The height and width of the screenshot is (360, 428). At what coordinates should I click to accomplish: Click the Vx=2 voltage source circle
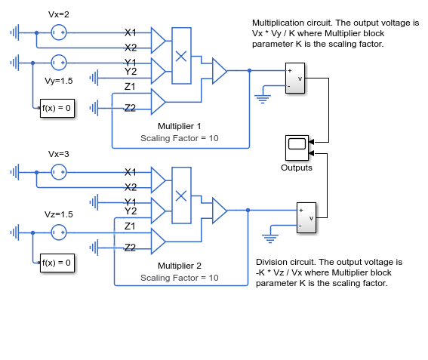click(59, 32)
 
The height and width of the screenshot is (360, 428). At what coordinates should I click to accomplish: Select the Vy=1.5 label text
click(59, 81)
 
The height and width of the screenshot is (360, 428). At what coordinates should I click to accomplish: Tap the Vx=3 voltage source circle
click(59, 172)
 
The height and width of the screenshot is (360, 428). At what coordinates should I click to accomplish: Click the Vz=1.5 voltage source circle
click(59, 232)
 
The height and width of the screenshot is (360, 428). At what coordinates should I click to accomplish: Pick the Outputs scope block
click(297, 148)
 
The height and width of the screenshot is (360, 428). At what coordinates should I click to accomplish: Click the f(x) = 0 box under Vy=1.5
click(57, 108)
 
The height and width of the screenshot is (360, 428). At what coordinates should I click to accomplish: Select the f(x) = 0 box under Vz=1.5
click(57, 263)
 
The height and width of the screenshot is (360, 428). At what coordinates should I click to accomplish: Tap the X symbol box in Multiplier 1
click(181, 56)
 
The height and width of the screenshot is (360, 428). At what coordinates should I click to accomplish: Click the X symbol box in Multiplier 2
click(181, 195)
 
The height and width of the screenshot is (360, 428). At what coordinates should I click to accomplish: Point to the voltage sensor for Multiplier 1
click(295, 78)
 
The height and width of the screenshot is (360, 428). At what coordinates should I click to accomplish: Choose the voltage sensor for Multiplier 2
click(306, 218)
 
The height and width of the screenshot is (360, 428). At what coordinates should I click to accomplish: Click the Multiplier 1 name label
click(180, 126)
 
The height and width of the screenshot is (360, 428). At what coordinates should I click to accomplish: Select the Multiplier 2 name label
click(180, 266)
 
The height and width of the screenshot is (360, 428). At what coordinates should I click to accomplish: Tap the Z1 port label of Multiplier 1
click(130, 87)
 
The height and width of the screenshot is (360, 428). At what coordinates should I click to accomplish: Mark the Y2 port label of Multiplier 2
click(131, 211)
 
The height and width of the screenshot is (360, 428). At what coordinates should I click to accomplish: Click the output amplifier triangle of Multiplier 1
click(220, 71)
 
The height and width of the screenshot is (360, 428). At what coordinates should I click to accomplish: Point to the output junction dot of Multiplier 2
click(248, 210)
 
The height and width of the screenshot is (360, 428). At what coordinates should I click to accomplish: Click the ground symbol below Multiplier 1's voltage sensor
click(263, 99)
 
